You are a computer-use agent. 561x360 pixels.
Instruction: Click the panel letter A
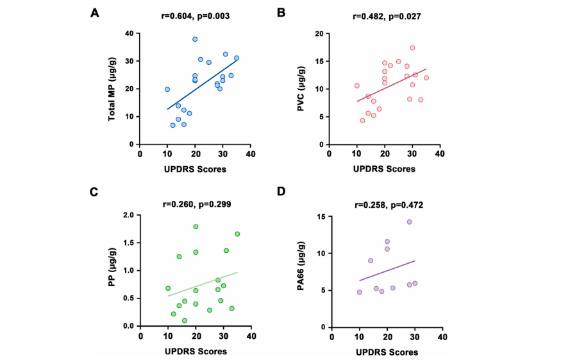pos(95,13)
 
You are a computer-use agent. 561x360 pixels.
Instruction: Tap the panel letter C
pos(95,193)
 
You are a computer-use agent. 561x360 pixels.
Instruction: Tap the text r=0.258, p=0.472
pos(385,205)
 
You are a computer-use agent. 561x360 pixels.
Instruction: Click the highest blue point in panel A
pos(195,39)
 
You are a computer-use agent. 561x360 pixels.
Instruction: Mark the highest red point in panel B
pos(412,47)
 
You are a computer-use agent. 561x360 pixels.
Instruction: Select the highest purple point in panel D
pos(409,222)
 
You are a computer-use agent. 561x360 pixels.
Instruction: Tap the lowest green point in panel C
pos(185,320)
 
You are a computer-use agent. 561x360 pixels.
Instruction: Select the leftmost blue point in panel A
pos(167,89)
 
